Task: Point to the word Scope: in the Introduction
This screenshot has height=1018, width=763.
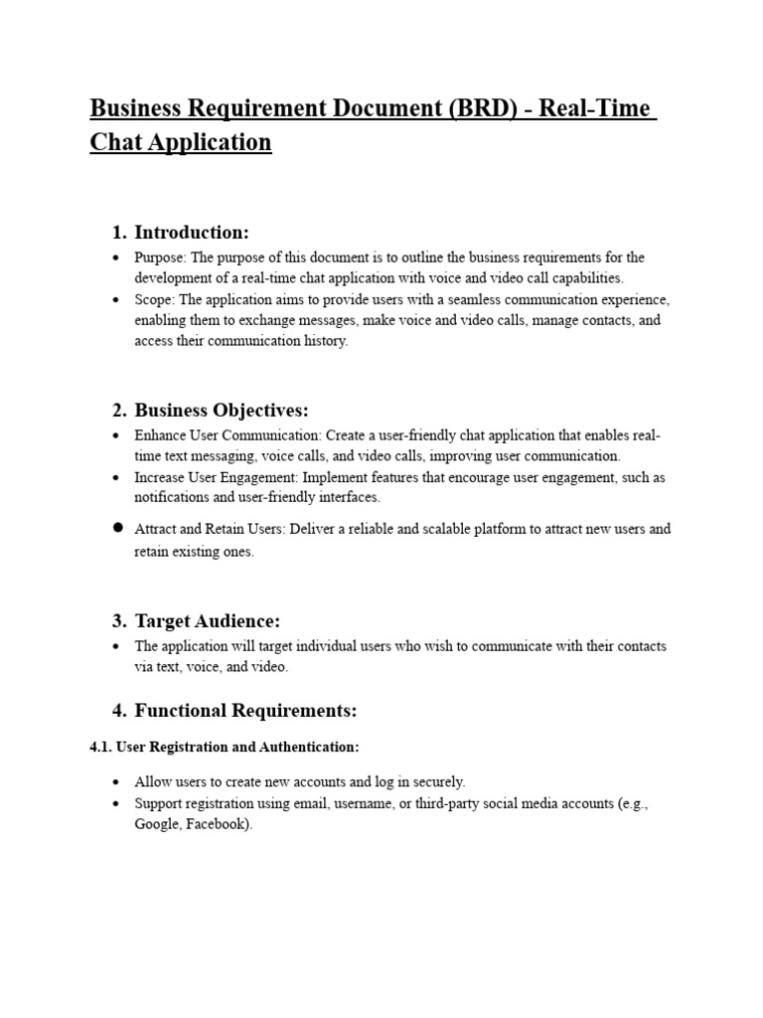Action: tap(155, 299)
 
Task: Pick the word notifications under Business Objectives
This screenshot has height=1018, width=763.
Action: tap(172, 497)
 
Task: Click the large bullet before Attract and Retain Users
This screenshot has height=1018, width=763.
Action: tap(117, 528)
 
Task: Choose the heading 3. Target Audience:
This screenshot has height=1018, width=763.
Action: tap(195, 621)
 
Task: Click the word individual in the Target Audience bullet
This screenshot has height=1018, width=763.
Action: tap(310, 646)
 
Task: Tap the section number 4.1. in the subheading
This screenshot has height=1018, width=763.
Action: tap(101, 747)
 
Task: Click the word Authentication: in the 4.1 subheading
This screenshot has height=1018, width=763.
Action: tap(311, 747)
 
